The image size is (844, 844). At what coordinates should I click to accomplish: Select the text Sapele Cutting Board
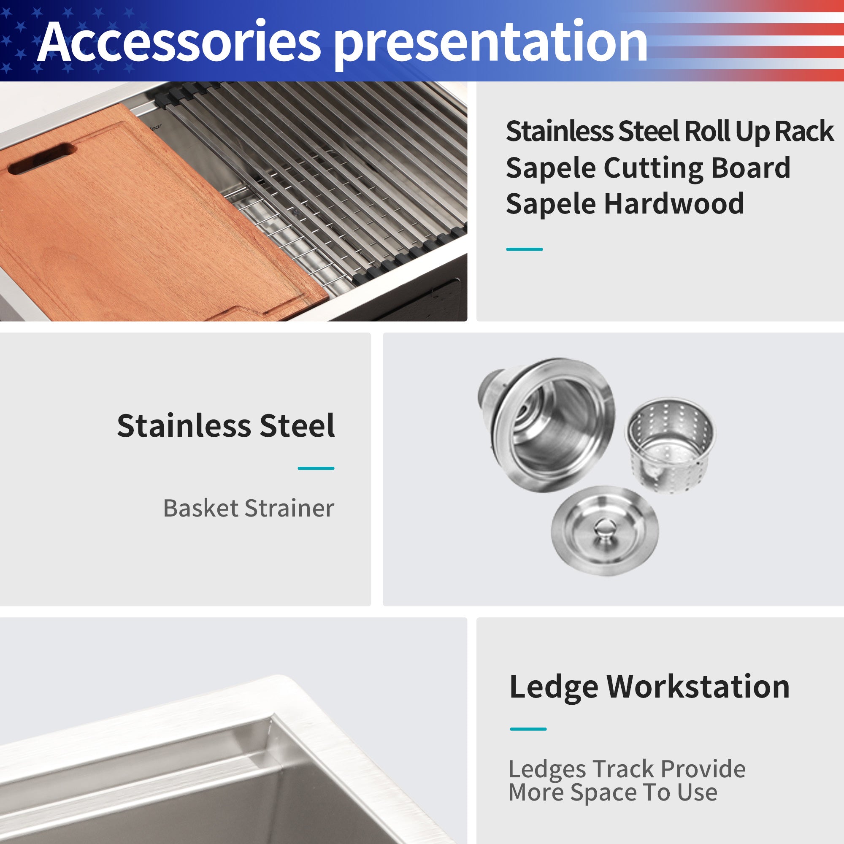click(x=648, y=168)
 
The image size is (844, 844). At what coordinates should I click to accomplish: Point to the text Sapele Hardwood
click(x=625, y=203)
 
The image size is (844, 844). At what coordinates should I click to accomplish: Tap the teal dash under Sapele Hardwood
click(x=524, y=249)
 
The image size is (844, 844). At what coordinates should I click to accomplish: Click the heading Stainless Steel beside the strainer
click(x=226, y=425)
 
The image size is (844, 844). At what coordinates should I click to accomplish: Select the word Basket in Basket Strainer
click(x=201, y=508)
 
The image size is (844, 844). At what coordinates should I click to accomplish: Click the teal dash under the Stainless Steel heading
click(x=316, y=468)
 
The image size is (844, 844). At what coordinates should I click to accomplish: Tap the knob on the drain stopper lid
click(x=604, y=525)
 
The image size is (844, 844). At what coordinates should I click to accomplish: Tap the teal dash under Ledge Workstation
click(x=528, y=729)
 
